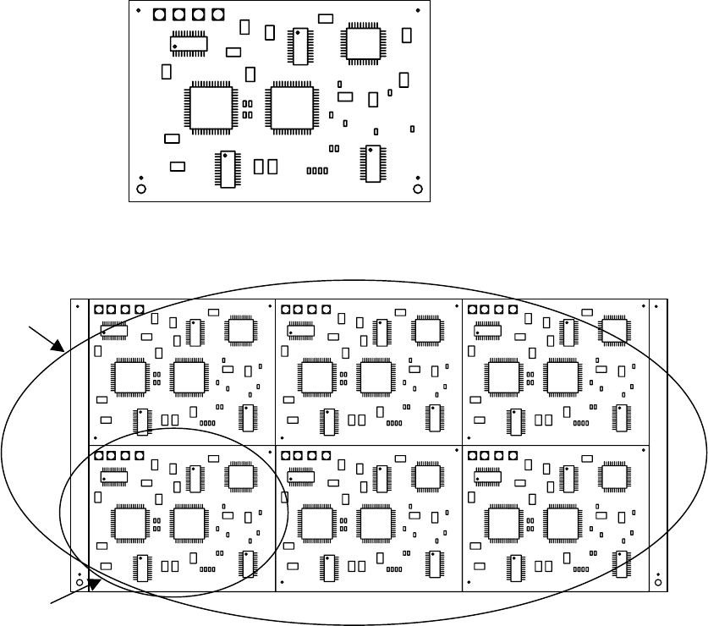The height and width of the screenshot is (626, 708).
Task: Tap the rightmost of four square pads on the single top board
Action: pyautogui.click(x=218, y=15)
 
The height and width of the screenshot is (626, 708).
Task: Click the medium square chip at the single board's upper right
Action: pyautogui.click(x=362, y=43)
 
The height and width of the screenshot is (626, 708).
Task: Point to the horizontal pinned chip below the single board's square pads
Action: pyautogui.click(x=189, y=42)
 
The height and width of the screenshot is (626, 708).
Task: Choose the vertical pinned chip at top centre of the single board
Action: pyautogui.click(x=299, y=47)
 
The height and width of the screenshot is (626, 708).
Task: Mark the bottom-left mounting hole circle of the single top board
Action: pyautogui.click(x=141, y=189)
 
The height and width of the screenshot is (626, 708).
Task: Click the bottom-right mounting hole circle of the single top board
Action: pyautogui.click(x=417, y=189)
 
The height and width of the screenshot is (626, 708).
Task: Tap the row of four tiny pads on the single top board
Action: pyautogui.click(x=317, y=171)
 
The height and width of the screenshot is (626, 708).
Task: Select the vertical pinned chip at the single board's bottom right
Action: pyautogui.click(x=371, y=163)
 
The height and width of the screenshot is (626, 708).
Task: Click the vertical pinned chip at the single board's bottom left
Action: pyautogui.click(x=226, y=168)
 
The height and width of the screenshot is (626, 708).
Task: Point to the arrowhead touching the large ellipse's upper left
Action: pyautogui.click(x=60, y=346)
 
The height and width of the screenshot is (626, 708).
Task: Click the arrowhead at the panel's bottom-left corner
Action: pyautogui.click(x=96, y=585)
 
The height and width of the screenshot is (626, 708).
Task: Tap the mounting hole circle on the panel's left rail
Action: pyautogui.click(x=79, y=582)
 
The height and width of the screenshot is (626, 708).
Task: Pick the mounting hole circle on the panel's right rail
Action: pyautogui.click(x=658, y=582)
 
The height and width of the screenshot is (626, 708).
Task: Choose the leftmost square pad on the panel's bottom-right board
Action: pyautogui.click(x=472, y=455)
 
